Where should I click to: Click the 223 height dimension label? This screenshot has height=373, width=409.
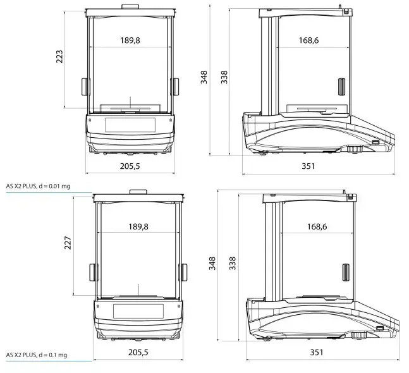tap(59, 57)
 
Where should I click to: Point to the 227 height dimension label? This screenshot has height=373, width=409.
tap(68, 243)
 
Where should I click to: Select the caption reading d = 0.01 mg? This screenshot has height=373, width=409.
tap(54, 186)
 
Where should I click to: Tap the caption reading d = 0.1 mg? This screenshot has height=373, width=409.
tap(53, 355)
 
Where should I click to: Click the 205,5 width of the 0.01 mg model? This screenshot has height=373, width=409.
tap(130, 166)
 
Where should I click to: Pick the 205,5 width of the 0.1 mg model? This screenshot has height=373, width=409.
tap(138, 352)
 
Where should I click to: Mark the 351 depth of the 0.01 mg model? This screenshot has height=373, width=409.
tap(308, 166)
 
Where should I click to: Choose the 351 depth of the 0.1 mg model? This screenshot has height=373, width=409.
tap(317, 352)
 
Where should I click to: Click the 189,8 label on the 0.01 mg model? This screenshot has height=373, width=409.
tap(130, 40)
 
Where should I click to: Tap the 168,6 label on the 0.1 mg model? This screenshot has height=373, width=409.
tap(317, 227)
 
